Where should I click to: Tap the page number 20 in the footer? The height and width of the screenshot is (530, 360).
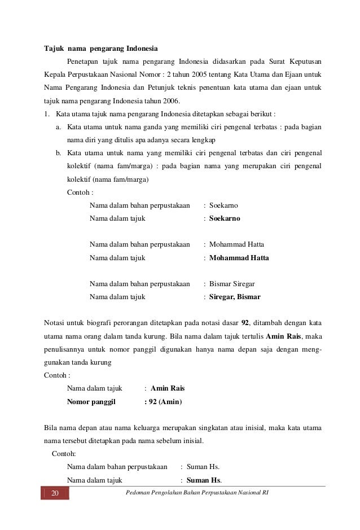pyautogui.click(x=55, y=494)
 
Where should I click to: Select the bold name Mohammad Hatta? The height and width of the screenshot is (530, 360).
pyautogui.click(x=239, y=258)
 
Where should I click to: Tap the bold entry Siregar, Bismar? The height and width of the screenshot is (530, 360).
pyautogui.click(x=235, y=296)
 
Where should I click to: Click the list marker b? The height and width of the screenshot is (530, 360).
pyautogui.click(x=58, y=153)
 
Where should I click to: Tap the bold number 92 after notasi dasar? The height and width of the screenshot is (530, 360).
pyautogui.click(x=245, y=323)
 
